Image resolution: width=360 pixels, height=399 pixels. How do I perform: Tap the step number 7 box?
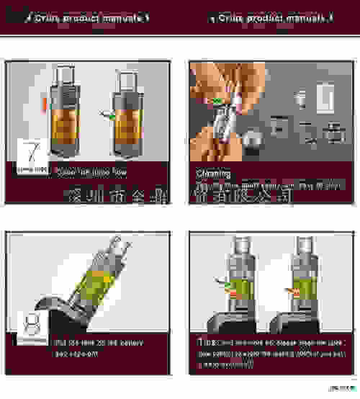[x=31, y=156]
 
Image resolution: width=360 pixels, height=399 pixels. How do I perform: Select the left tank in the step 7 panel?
[x=61, y=115]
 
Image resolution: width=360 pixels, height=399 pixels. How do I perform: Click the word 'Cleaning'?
[x=213, y=174]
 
